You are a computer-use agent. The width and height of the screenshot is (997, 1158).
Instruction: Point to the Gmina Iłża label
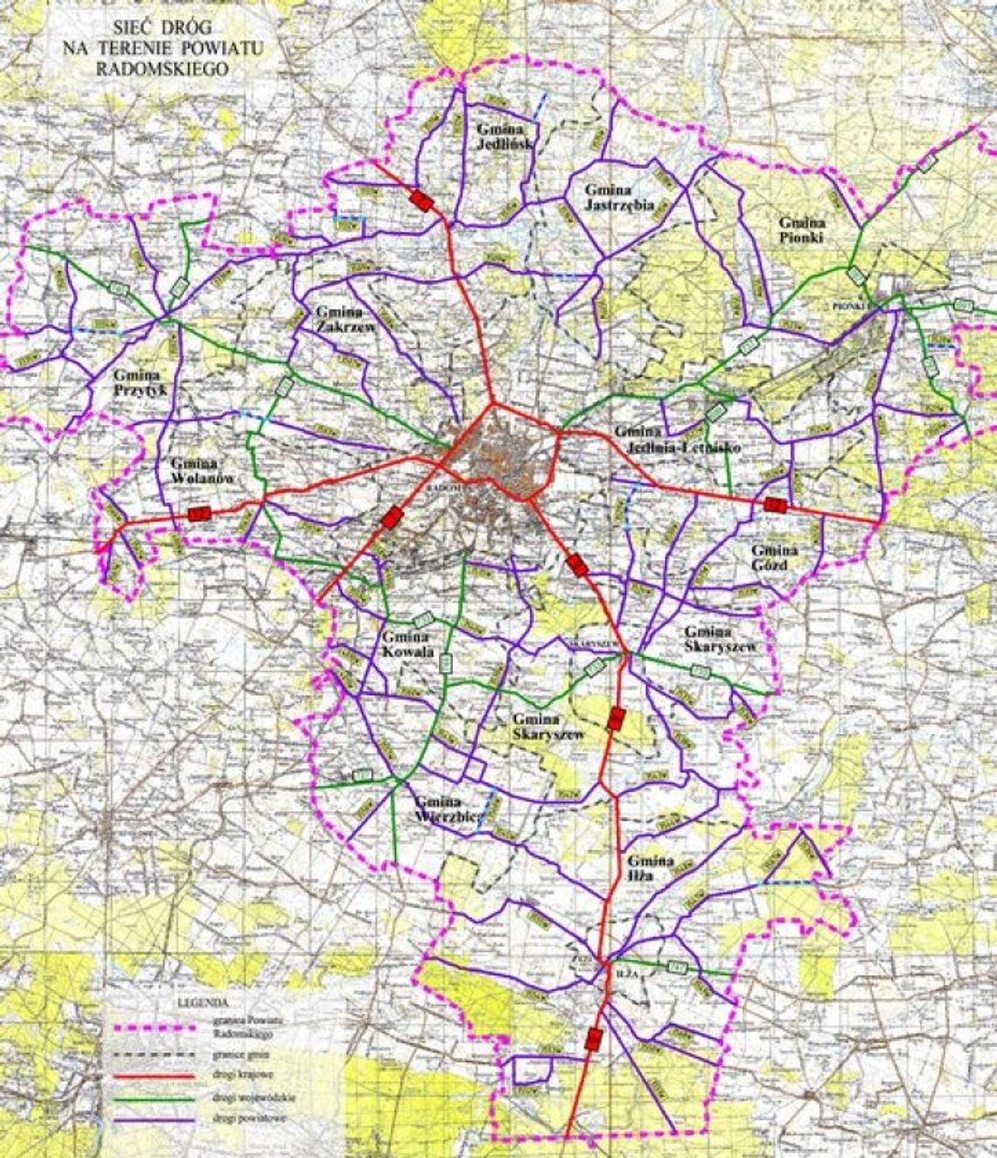tap(647, 867)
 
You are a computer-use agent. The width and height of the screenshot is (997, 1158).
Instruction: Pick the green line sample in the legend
tap(152, 1096)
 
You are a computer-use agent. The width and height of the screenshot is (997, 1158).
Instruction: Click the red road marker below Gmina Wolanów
tap(199, 514)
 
